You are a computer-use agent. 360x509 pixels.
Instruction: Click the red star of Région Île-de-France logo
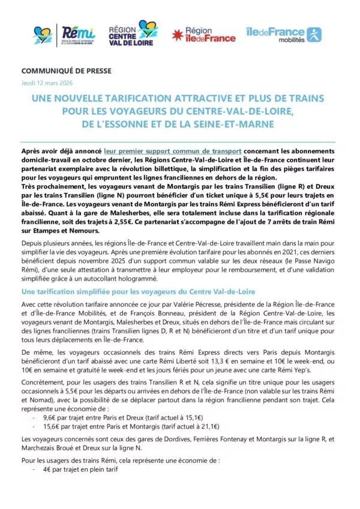coord(178,35)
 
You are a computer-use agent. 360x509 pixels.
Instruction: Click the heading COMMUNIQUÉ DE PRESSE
coord(59,71)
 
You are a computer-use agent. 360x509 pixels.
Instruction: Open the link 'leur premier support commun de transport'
coord(173,152)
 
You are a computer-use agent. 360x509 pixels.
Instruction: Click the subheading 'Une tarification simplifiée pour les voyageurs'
coord(138,291)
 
